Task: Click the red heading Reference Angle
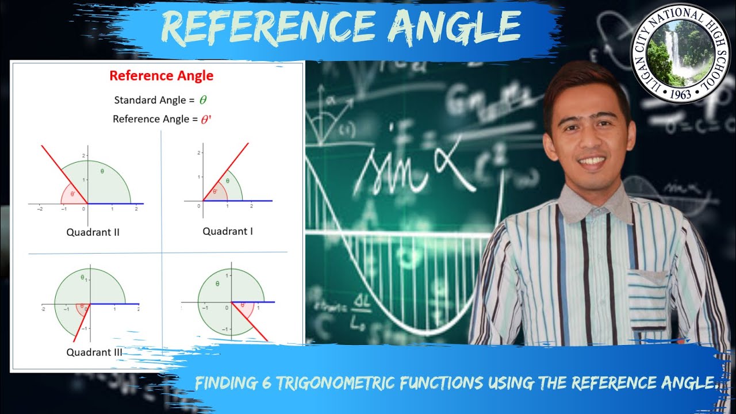[161, 75]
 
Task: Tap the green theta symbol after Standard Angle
[202, 100]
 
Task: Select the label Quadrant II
[93, 232]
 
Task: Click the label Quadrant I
[228, 231]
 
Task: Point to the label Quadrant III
[94, 352]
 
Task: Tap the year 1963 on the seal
[681, 94]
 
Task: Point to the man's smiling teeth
[592, 161]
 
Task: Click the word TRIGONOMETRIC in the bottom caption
[368, 382]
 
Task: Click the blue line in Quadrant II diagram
[115, 204]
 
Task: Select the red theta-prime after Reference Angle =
[206, 120]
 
